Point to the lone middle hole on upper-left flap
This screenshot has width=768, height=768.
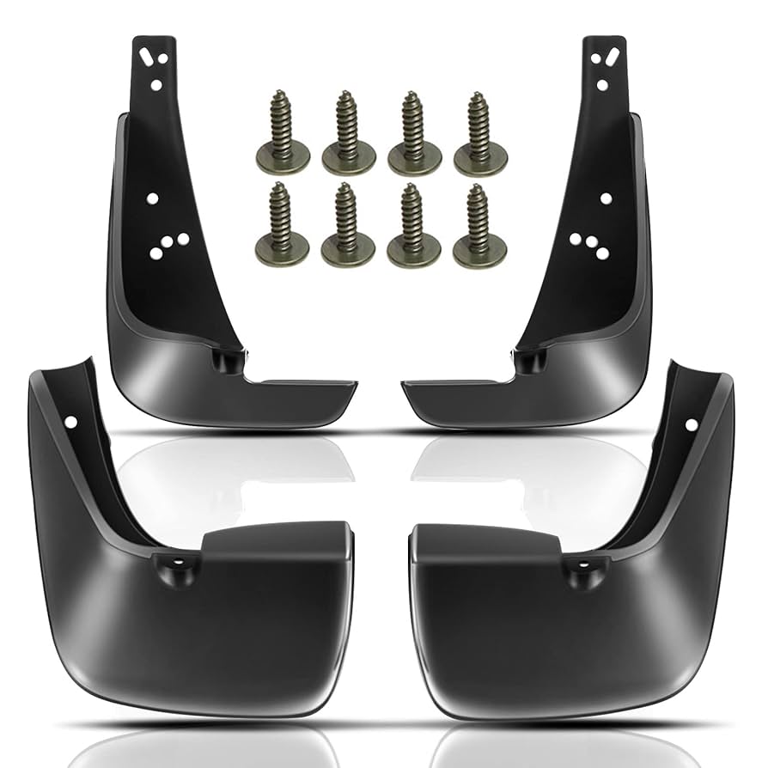(x=152, y=198)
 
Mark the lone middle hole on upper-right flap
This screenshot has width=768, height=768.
(x=606, y=198)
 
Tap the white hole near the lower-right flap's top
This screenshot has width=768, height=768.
(x=690, y=424)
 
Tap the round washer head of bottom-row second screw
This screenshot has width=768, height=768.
(x=348, y=250)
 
